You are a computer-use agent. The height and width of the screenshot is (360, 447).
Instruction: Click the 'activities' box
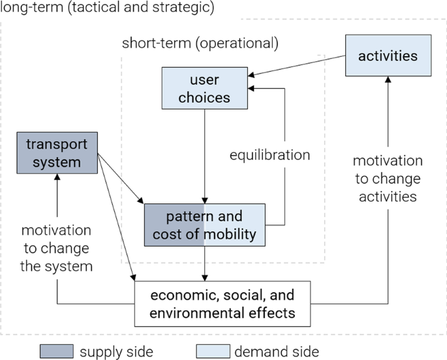pyautogui.click(x=388, y=56)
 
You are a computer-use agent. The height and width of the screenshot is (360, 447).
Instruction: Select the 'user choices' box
pyautogui.click(x=206, y=89)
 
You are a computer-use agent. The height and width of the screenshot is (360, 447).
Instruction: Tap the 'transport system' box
pyautogui.click(x=57, y=153)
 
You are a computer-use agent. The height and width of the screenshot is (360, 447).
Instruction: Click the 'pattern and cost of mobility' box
pyautogui.click(x=204, y=225)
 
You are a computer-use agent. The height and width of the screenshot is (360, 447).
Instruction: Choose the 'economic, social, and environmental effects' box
pyautogui.click(x=223, y=303)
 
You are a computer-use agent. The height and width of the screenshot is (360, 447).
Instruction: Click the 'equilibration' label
pyautogui.click(x=270, y=155)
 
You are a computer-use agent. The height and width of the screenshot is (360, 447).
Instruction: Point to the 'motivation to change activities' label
pyautogui.click(x=388, y=178)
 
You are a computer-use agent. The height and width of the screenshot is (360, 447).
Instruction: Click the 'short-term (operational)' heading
pyautogui.click(x=200, y=44)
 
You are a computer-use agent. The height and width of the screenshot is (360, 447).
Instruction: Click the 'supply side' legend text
pyautogui.click(x=116, y=352)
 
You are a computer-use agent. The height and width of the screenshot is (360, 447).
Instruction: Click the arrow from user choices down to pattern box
pyautogui.click(x=206, y=153)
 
